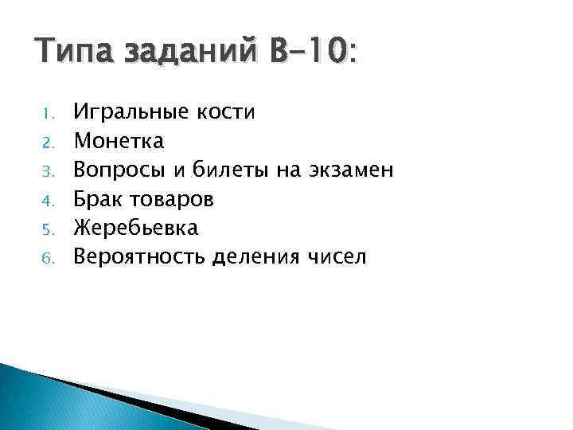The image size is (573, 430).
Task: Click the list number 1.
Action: (47, 113)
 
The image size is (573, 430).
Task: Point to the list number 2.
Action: (47, 142)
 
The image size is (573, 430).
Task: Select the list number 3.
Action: (47, 170)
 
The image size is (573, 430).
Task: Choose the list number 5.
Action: (47, 229)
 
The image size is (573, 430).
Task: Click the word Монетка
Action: (119, 142)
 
